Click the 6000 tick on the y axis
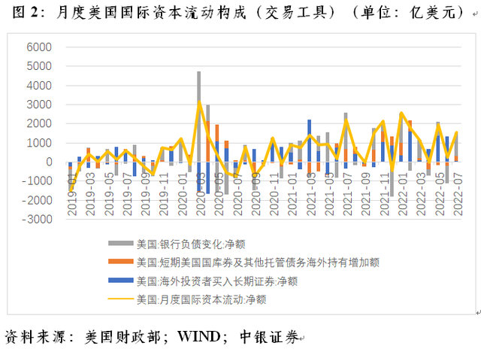tap(38, 47)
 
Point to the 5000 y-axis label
tap(38, 66)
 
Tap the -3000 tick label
tap(36, 220)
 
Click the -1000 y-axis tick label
tap(36, 181)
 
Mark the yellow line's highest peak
tap(199, 102)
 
